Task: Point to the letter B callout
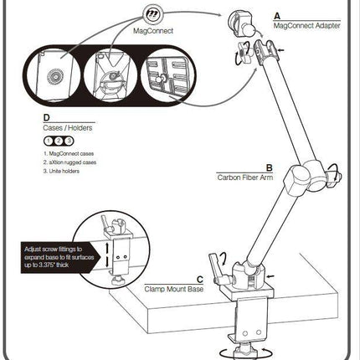[268, 167]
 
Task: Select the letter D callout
[44, 120]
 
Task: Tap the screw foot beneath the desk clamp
[247, 345]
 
